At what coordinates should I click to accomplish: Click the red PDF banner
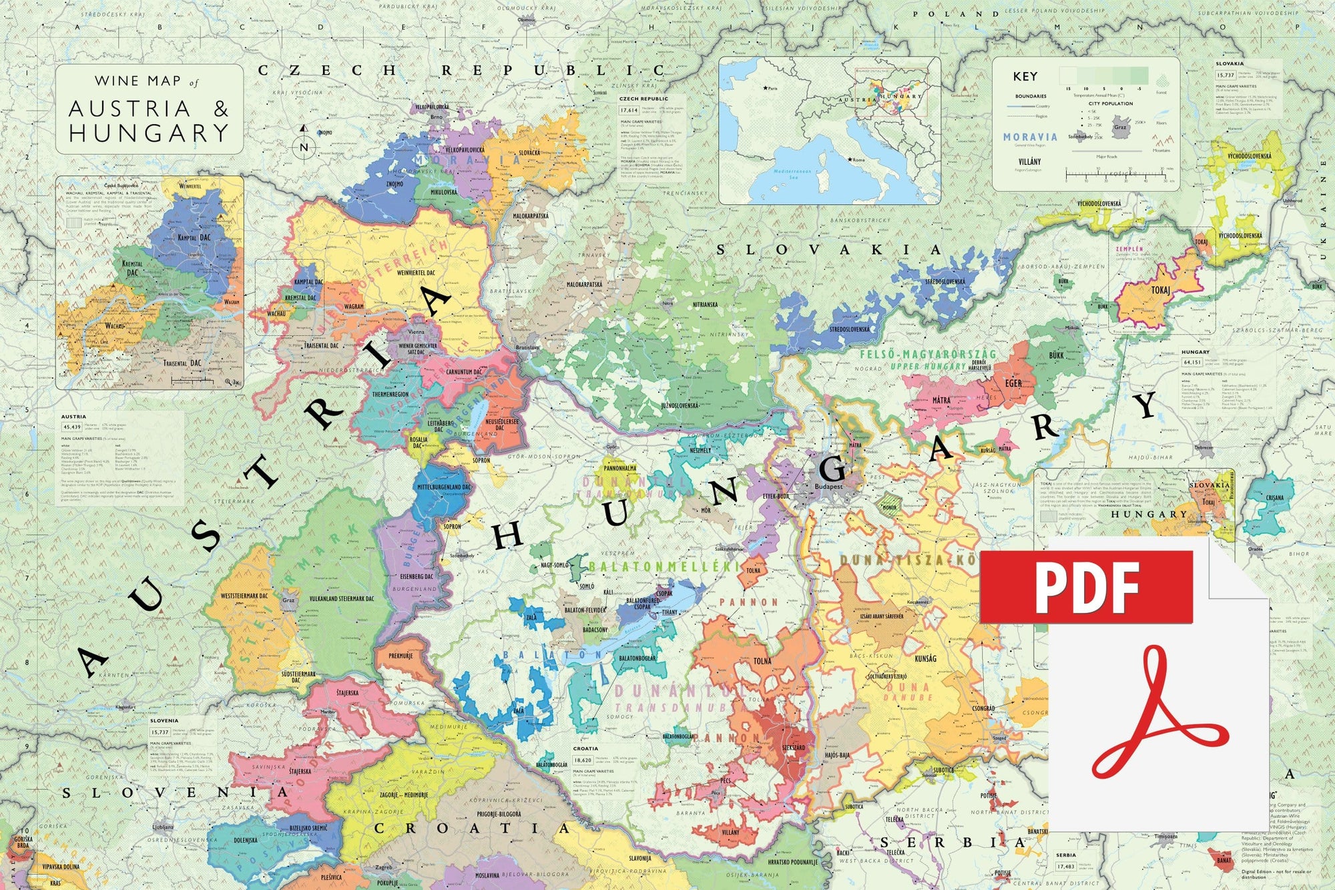pos(1086,587)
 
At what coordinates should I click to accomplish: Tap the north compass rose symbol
pos(304,142)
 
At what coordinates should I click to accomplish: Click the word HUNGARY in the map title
pos(149,133)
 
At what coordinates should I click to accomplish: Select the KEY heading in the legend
pos(1025,76)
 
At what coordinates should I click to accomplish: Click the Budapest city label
pos(828,487)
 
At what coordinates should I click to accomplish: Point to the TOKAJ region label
pos(1160,290)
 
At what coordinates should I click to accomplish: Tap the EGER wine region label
pos(1013,383)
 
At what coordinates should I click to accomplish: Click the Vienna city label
pos(416,332)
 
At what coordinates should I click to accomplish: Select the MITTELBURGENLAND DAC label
pos(444,487)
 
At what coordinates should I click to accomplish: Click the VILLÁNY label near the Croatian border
pos(730,833)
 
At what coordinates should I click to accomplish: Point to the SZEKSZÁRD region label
pos(793,748)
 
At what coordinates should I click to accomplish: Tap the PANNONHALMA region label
pos(620,469)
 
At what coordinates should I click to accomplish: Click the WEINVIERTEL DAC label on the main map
pos(416,272)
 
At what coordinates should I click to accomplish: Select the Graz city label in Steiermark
pos(288,600)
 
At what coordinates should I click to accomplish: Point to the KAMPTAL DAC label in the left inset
pos(194,238)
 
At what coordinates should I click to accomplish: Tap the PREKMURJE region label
pos(400,656)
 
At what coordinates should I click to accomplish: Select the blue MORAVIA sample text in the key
pos(1030,137)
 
